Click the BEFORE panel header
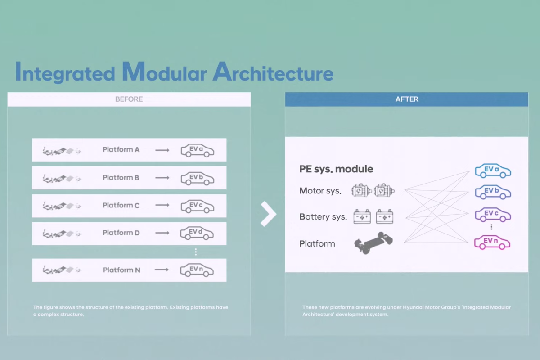point(129,99)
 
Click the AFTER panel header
point(406,99)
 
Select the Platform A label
point(121,149)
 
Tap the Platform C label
point(121,205)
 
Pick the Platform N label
point(121,270)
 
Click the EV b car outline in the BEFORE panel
point(198,178)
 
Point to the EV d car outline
point(198,233)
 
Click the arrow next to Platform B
point(162,178)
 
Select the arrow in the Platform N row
point(162,270)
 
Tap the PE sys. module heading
point(336,169)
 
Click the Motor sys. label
point(320,191)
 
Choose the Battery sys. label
point(323,217)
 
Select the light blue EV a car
point(493,171)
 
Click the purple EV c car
point(493,214)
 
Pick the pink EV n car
point(492,243)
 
